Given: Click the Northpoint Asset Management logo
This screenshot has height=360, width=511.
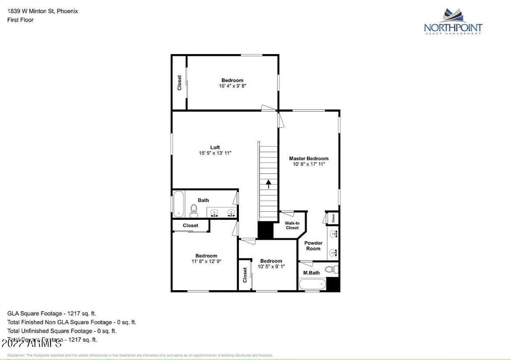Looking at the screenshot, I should point(453,21).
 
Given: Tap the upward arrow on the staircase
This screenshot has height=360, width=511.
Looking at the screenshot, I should point(269,184).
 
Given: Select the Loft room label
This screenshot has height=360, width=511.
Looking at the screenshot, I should point(215,147).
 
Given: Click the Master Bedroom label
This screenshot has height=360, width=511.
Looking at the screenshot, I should point(309,158).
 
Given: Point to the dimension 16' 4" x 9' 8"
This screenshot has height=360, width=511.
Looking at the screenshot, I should point(233,86).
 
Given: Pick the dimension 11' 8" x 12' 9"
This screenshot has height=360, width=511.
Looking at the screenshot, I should point(206,261).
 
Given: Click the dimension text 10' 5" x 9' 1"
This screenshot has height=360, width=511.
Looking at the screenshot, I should point(271,267).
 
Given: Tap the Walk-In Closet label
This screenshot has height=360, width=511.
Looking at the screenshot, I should point(292,225).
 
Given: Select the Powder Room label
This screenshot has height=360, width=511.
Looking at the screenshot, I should point(313,246).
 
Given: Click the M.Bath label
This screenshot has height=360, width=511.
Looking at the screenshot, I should point(311,273).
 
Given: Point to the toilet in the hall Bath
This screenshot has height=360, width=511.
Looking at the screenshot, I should point(194,211).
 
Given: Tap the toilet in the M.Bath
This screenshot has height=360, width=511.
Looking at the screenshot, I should point(331,269).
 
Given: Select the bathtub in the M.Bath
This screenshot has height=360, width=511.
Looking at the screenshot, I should point(312,285).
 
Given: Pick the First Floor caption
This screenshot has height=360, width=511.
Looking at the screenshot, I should point(21,20).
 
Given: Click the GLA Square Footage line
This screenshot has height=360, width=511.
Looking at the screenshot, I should point(52,313).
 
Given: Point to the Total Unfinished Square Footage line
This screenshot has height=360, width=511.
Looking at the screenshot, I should point(62,331).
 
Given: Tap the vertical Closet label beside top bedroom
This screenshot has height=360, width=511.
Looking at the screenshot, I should point(179,83).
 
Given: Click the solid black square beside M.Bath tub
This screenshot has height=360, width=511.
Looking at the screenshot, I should point(333,285).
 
